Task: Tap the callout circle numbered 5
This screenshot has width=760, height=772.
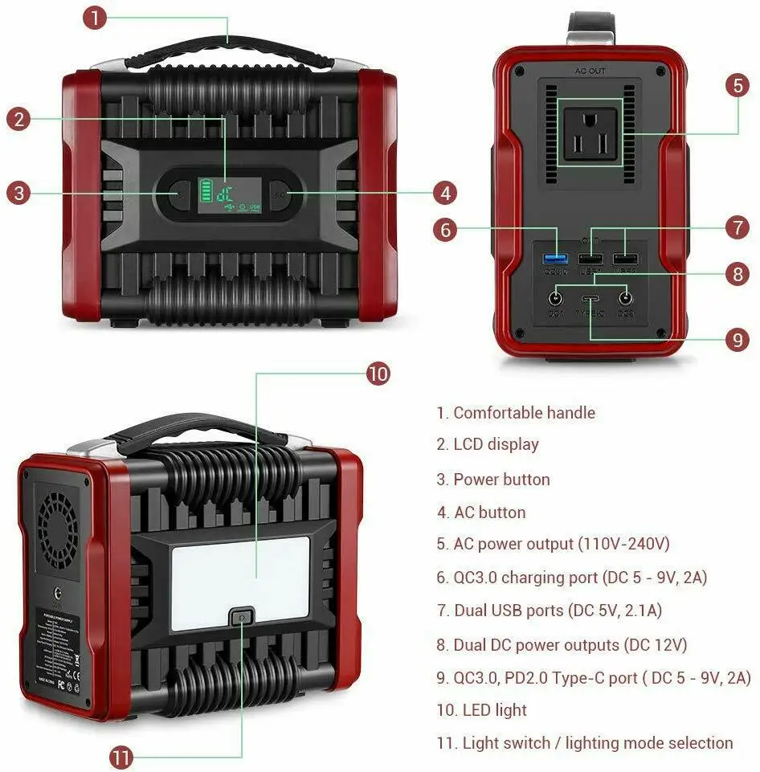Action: tap(738, 86)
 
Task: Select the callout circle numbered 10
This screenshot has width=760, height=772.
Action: tap(378, 374)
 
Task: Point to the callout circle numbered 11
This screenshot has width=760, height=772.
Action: tap(121, 757)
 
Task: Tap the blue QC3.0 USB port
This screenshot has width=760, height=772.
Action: tap(555, 259)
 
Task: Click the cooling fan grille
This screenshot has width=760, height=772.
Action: tap(59, 520)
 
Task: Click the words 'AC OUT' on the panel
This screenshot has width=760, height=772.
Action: tap(590, 71)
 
